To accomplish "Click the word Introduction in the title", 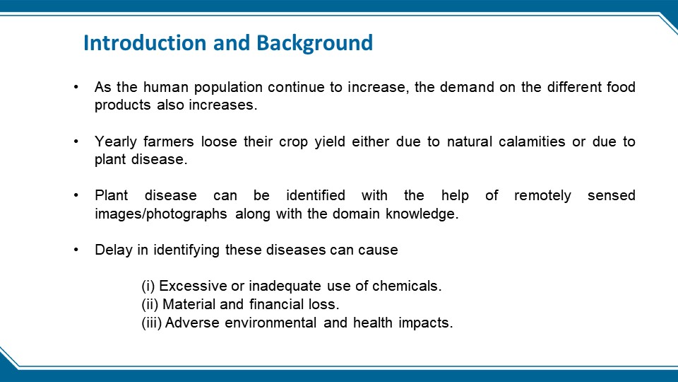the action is [x=145, y=43].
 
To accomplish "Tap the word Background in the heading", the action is [x=314, y=44].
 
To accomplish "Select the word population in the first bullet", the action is [x=228, y=88].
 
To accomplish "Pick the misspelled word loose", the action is [x=219, y=141].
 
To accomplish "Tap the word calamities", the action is [x=531, y=141].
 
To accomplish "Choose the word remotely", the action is [x=542, y=196].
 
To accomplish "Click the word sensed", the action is [x=611, y=196].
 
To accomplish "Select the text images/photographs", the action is [x=160, y=214].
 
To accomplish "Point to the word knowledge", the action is [x=422, y=214].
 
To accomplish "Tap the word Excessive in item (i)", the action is [x=193, y=286].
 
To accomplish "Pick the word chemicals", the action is [x=407, y=286].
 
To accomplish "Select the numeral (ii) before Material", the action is [x=150, y=304].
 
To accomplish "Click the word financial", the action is [x=276, y=304].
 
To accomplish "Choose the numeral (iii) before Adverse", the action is [x=151, y=323].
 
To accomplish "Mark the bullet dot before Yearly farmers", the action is [x=76, y=141].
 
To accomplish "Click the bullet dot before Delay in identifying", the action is [x=76, y=250].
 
